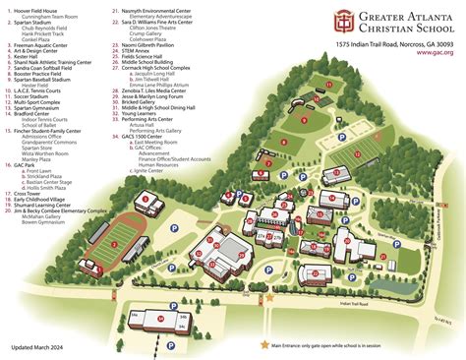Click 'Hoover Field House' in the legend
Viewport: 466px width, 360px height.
point(38,8)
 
